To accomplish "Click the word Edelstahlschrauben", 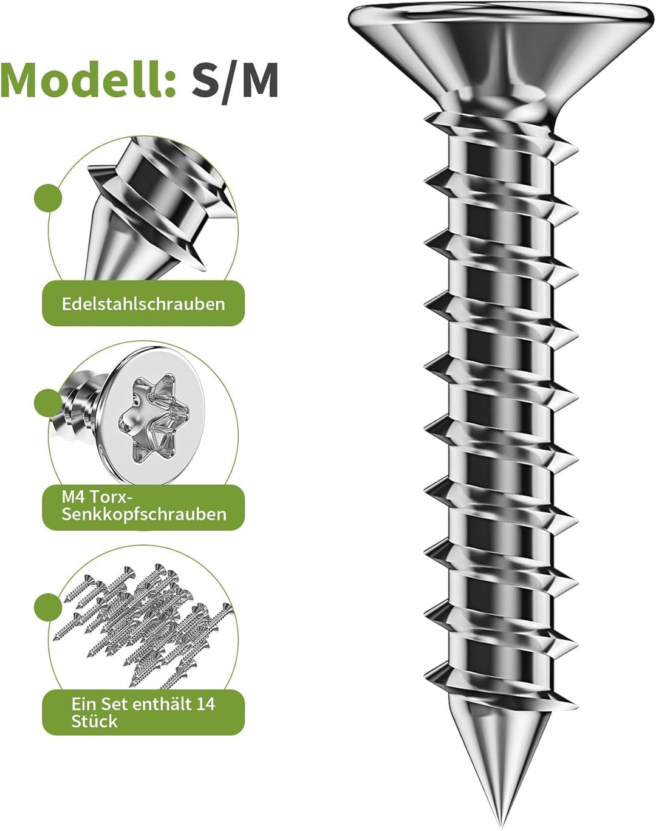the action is click(143, 304).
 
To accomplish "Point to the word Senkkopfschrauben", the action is click(144, 515).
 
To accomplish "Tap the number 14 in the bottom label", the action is click(205, 704).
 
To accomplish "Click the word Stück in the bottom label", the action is click(95, 721).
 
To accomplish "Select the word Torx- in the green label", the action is click(109, 497).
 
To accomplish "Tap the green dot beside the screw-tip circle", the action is click(48, 197).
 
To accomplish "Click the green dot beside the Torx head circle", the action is click(48, 402).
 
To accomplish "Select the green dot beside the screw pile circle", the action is click(48, 607).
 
